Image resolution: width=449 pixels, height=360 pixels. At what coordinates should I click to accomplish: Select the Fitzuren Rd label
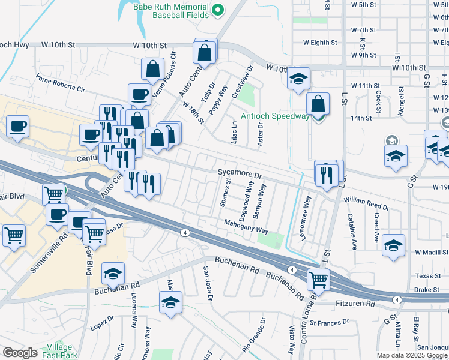[x=354, y=304]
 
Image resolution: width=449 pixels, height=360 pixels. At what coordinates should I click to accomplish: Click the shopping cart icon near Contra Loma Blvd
[x=318, y=278]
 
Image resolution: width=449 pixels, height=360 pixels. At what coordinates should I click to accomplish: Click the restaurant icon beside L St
[x=325, y=174]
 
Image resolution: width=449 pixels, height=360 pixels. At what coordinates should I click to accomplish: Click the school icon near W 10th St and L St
[x=298, y=79]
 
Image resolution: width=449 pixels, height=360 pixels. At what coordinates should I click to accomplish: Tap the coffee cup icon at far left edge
[x=17, y=127]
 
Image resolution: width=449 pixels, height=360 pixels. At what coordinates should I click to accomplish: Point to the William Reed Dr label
[x=367, y=203]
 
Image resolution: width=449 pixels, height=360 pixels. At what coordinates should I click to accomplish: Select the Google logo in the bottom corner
[x=20, y=353]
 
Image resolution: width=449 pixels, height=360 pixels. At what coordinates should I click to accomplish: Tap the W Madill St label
[x=427, y=252]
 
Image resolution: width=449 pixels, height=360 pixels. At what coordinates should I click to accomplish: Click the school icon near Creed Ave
[x=393, y=245]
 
